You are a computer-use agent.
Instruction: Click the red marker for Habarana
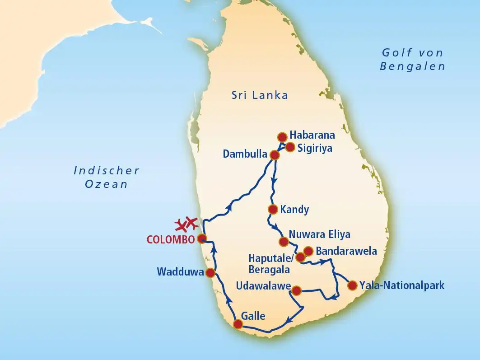(282, 137)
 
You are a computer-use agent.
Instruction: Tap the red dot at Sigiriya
(290, 147)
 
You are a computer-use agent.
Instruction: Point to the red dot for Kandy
(272, 209)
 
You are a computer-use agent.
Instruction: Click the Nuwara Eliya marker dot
(284, 241)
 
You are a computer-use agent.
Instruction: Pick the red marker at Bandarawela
(308, 251)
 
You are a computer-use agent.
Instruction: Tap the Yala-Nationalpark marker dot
(352, 285)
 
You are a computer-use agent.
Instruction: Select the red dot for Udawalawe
(296, 290)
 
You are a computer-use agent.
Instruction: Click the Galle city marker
(238, 324)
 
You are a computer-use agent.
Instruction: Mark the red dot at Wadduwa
(210, 272)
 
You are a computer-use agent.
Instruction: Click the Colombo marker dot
(202, 238)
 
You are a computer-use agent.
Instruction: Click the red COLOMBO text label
(170, 239)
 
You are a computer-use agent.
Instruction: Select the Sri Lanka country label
(260, 95)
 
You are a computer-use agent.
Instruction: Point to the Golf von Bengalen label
(412, 60)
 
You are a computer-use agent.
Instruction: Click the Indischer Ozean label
(106, 177)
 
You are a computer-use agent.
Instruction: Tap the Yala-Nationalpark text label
(402, 285)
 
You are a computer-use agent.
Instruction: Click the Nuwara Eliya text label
(319, 234)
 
